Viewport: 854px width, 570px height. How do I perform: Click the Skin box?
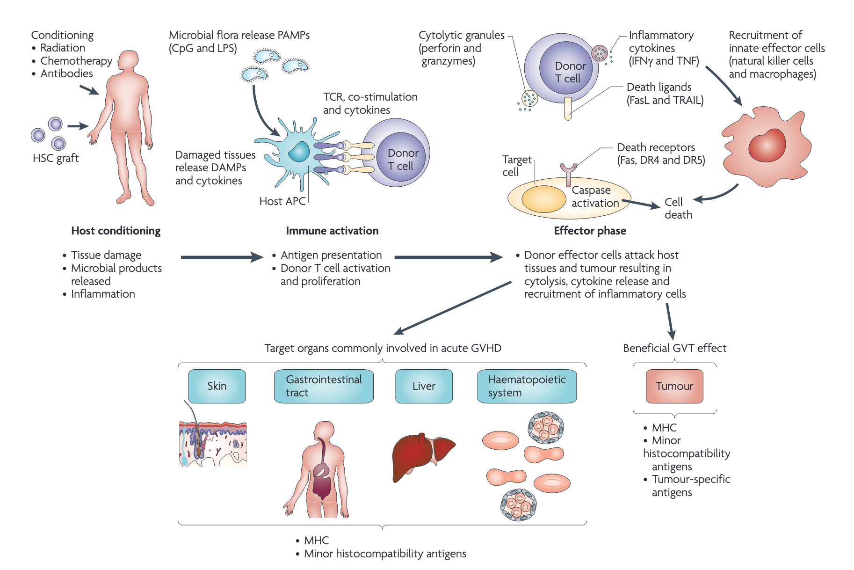pyautogui.click(x=217, y=386)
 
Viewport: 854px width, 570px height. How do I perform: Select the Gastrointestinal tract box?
pyautogui.click(x=324, y=386)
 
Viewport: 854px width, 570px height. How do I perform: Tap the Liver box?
pyautogui.click(x=424, y=386)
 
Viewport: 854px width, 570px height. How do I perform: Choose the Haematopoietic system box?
pyautogui.click(x=527, y=386)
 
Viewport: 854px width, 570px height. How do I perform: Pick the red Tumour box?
pyautogui.click(x=674, y=386)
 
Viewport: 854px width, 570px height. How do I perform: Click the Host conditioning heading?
pyautogui.click(x=116, y=231)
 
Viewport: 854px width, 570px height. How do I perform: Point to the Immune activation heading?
pyautogui.click(x=332, y=231)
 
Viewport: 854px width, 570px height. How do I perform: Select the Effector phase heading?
pyautogui.click(x=590, y=231)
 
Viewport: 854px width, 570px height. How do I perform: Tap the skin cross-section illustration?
pyautogui.click(x=213, y=444)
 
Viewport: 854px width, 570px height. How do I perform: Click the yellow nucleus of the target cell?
pyautogui.click(x=543, y=199)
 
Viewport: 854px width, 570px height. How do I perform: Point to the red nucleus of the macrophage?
pyautogui.click(x=767, y=145)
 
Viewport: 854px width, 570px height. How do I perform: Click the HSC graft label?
pyautogui.click(x=56, y=158)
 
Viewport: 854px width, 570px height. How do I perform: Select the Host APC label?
pyautogui.click(x=282, y=201)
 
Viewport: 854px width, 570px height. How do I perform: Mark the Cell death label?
pyautogui.click(x=678, y=208)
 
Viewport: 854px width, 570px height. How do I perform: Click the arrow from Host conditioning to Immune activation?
pyautogui.click(x=222, y=257)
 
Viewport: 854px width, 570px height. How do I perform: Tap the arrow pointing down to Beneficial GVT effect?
pyautogui.click(x=670, y=321)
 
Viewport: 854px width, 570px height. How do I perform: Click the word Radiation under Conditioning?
pyautogui.click(x=63, y=48)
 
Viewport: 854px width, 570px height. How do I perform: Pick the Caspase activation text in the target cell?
pyautogui.click(x=594, y=197)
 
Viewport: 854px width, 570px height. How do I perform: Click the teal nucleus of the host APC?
pyautogui.click(x=298, y=152)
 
